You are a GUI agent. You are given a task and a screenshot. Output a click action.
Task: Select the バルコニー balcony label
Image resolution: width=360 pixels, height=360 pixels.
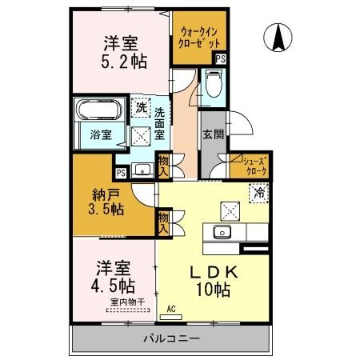[x=172, y=338]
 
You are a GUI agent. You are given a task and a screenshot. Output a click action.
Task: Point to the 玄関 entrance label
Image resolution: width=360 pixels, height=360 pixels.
[x=212, y=138]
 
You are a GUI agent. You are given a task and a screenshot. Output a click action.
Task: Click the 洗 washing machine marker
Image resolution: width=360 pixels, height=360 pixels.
[x=140, y=106]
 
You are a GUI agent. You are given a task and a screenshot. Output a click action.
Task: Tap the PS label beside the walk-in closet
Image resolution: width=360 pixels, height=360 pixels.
[x=220, y=58]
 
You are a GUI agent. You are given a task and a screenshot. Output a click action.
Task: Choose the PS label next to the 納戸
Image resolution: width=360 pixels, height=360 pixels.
[x=121, y=172]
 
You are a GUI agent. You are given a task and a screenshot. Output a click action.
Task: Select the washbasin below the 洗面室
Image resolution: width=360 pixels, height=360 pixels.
[x=143, y=169]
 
